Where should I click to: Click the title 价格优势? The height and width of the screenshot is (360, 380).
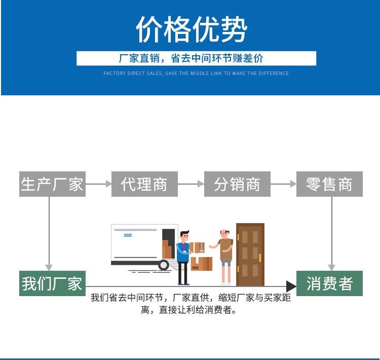[x=191, y=29]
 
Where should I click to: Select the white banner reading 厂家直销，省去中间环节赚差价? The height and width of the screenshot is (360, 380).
[x=196, y=58]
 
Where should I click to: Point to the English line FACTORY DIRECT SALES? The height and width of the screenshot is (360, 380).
[x=196, y=74]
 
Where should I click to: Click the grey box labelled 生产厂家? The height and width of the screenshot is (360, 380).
[x=52, y=184]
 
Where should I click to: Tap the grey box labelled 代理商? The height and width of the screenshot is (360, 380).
[x=144, y=184]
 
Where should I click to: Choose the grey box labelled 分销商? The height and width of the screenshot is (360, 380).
[x=237, y=184]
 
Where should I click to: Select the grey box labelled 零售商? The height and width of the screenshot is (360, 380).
[x=330, y=184]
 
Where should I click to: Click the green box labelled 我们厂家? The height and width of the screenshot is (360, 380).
[x=52, y=283]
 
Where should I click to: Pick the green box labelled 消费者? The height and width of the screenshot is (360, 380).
[x=329, y=283]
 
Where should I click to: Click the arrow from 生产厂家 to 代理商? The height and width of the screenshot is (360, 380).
[x=98, y=184]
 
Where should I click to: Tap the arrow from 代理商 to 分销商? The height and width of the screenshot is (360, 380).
[x=191, y=184]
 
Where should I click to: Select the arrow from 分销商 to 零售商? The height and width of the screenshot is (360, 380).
[x=283, y=184]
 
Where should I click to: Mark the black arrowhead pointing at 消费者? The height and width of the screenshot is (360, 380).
[x=291, y=286]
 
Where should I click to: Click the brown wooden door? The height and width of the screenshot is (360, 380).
[x=250, y=254]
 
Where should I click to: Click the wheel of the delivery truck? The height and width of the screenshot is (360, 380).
[x=164, y=265]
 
